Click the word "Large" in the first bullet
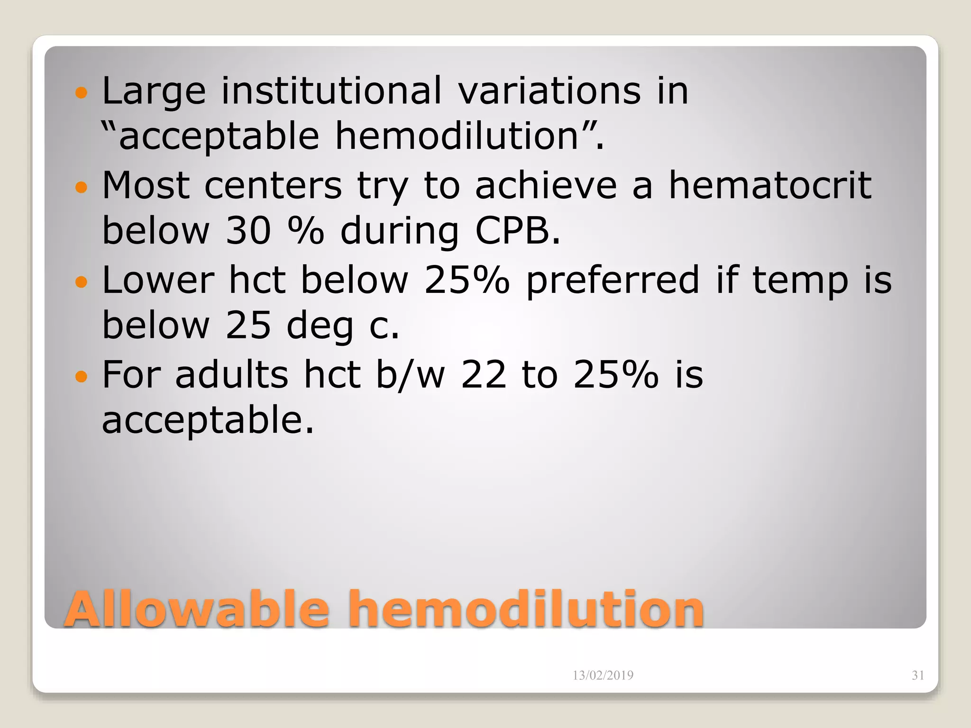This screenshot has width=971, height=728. pyautogui.click(x=154, y=91)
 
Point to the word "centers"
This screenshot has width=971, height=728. pyautogui.click(x=273, y=186)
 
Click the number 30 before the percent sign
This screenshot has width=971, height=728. pyautogui.click(x=248, y=231)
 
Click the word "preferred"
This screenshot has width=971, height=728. pyautogui.click(x=613, y=281)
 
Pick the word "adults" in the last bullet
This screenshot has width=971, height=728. pyautogui.click(x=231, y=374)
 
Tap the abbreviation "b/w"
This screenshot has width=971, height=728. pyautogui.click(x=411, y=374)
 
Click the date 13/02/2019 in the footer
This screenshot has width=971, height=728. pyautogui.click(x=603, y=675)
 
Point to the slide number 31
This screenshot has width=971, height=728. pyautogui.click(x=918, y=675)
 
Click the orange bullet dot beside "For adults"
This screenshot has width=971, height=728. pyautogui.click(x=82, y=377)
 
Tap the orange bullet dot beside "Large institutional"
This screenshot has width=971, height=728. pyautogui.click(x=82, y=92)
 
